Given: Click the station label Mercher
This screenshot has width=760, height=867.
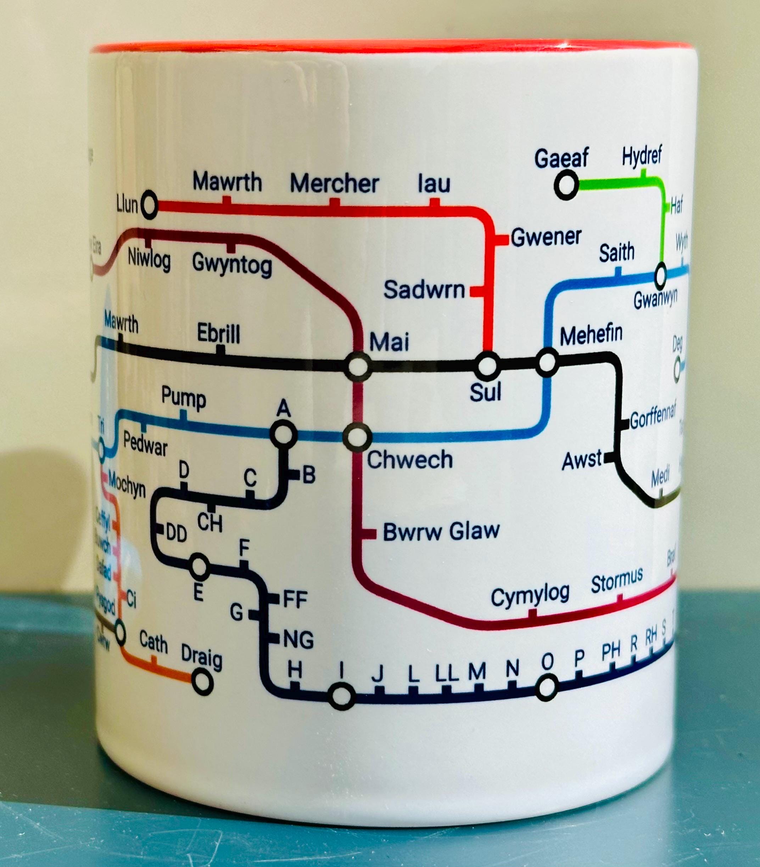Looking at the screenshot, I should pyautogui.click(x=334, y=184).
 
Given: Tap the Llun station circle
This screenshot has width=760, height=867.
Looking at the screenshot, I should pyautogui.click(x=149, y=206).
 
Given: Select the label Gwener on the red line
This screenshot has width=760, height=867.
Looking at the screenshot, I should pyautogui.click(x=546, y=237).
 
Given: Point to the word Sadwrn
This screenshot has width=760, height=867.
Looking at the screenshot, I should pyautogui.click(x=424, y=290).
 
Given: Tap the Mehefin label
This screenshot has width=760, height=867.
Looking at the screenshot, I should pyautogui.click(x=591, y=335).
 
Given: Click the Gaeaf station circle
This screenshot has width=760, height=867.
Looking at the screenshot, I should pyautogui.click(x=566, y=185).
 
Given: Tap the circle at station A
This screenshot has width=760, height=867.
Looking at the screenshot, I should pyautogui.click(x=284, y=434).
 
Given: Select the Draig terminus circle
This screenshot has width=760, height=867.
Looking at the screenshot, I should pyautogui.click(x=202, y=682).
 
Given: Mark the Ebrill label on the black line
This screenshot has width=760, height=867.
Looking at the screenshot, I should pyautogui.click(x=218, y=334).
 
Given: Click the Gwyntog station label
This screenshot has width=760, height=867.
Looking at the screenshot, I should pyautogui.click(x=232, y=263).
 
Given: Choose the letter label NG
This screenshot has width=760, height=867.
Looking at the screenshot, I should pyautogui.click(x=298, y=640).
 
